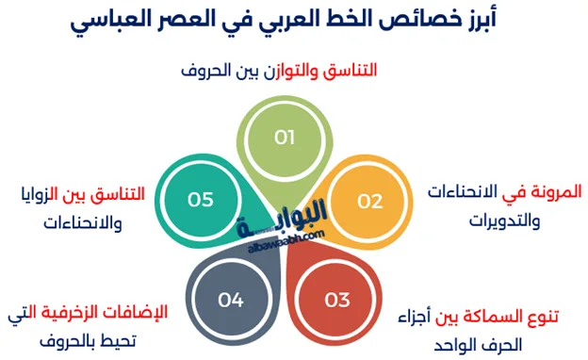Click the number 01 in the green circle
coord(285,138)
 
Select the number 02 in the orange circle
coord(369,200)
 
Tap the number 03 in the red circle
coord(337,301)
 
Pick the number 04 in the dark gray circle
coord(231,301)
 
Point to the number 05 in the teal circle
coord(201,200)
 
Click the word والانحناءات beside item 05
coord(83,224)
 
